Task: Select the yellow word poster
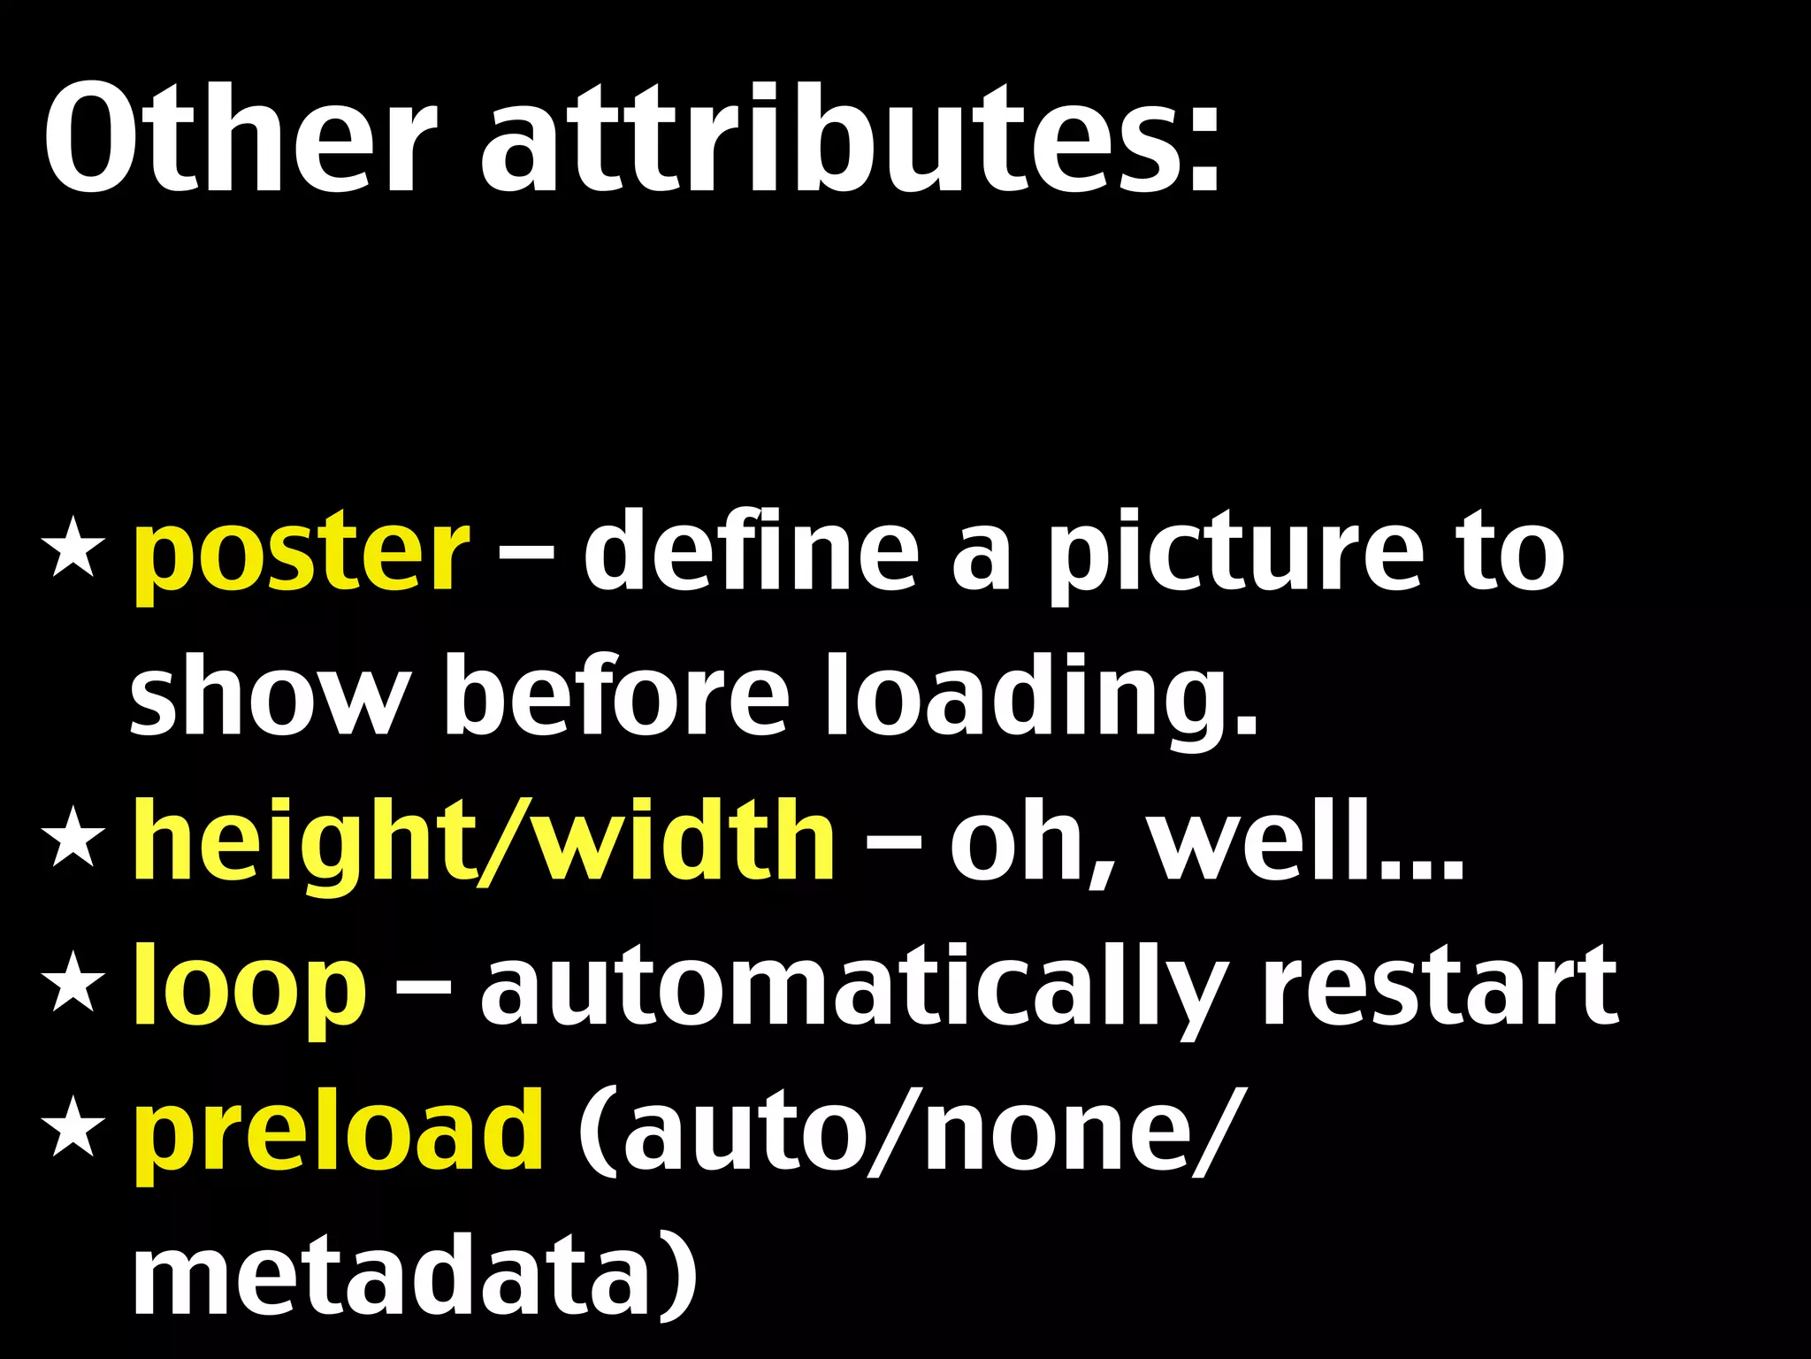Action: pyautogui.click(x=301, y=556)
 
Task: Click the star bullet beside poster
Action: pyautogui.click(x=73, y=552)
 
